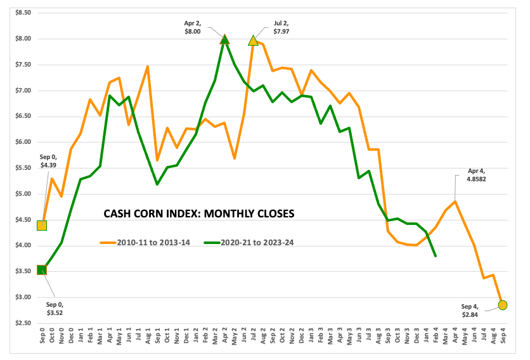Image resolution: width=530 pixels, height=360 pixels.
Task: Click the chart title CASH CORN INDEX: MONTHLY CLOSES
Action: click(199, 214)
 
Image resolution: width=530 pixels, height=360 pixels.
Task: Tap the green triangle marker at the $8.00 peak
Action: click(224, 39)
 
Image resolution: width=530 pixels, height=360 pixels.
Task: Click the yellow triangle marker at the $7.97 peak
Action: click(254, 41)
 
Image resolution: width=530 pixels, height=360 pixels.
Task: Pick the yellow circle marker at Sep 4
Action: click(503, 305)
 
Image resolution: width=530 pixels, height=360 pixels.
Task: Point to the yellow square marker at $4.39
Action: click(42, 225)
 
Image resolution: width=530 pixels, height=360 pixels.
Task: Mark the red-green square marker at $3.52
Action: click(42, 270)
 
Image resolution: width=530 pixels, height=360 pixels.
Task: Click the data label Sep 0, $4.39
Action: click(48, 161)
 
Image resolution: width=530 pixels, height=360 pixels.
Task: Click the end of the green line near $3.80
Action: click(435, 255)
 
